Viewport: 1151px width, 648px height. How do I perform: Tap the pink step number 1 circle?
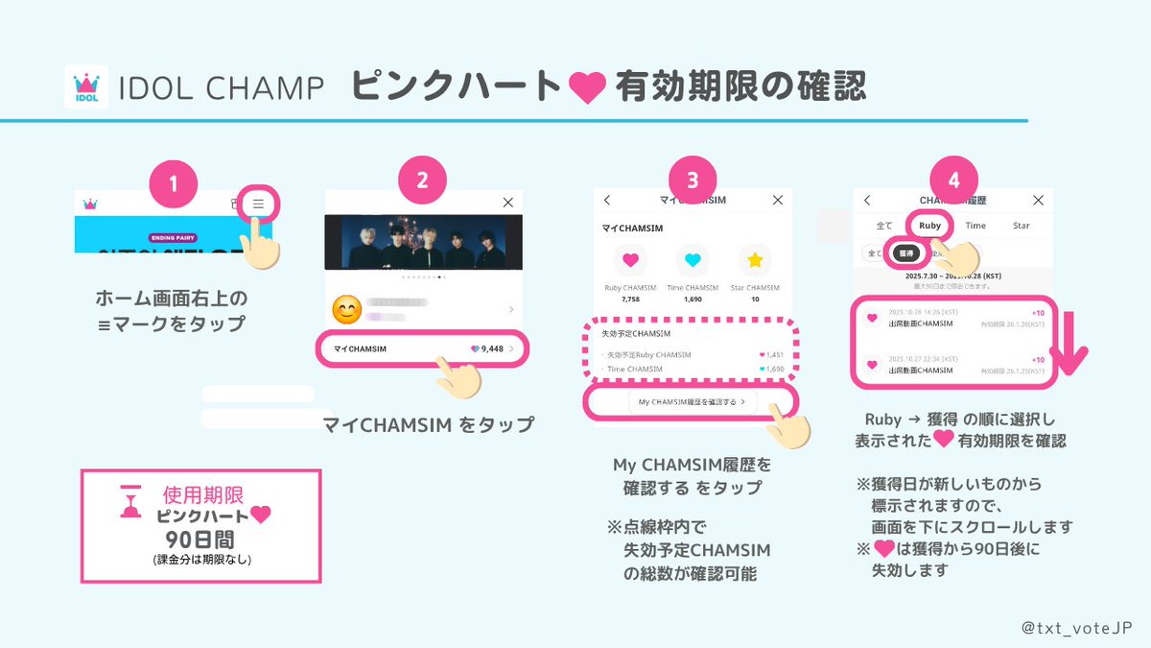[174, 181]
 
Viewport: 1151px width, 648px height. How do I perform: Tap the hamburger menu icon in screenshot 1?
[259, 204]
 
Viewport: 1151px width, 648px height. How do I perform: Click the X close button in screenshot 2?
[508, 203]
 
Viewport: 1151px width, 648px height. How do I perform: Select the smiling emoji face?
[345, 309]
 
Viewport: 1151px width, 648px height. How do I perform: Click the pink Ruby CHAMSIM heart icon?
[630, 259]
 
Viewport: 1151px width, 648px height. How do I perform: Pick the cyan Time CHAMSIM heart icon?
[693, 259]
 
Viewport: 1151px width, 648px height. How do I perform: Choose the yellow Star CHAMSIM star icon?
[755, 259]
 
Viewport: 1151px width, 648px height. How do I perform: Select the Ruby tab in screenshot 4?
[929, 226]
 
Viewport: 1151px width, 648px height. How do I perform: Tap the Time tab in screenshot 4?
[975, 226]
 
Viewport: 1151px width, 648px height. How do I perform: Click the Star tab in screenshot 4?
[1022, 226]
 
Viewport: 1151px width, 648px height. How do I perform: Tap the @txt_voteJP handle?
[1076, 626]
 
